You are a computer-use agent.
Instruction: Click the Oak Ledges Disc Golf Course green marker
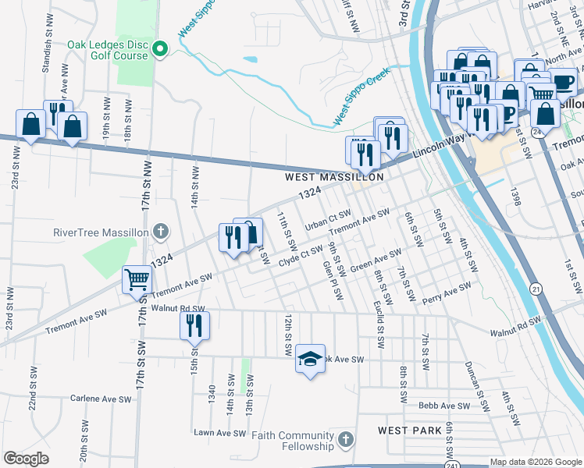point(161,49)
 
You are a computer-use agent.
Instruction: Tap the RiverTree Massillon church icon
point(160,231)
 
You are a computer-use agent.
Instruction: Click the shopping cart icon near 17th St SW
point(137,278)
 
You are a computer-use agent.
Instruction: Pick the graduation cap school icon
point(310,359)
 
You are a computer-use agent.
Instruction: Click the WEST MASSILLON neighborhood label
point(333,178)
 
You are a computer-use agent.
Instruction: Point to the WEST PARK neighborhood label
point(410,431)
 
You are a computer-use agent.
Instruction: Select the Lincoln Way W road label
point(437,145)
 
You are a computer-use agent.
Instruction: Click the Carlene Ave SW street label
point(101,399)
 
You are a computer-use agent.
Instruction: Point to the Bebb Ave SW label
point(445,406)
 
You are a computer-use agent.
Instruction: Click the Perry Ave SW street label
point(447,292)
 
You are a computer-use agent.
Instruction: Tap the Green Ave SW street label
point(376,261)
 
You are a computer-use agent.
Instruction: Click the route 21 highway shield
point(533,289)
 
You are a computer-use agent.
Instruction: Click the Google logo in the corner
point(26,459)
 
